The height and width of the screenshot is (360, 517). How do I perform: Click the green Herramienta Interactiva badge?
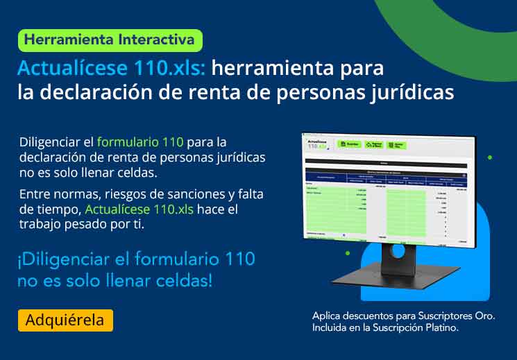tap(110, 40)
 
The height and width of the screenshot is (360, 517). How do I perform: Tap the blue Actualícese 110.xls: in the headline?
tap(111, 69)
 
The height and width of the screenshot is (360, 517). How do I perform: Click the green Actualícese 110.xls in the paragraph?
tap(139, 209)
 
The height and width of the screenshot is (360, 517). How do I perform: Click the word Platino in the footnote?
tap(440, 327)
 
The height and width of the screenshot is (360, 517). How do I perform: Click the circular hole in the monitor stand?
tap(398, 252)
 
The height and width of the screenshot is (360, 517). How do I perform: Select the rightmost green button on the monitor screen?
tap(396, 145)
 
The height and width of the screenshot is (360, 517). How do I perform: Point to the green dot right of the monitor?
tap(490, 157)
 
